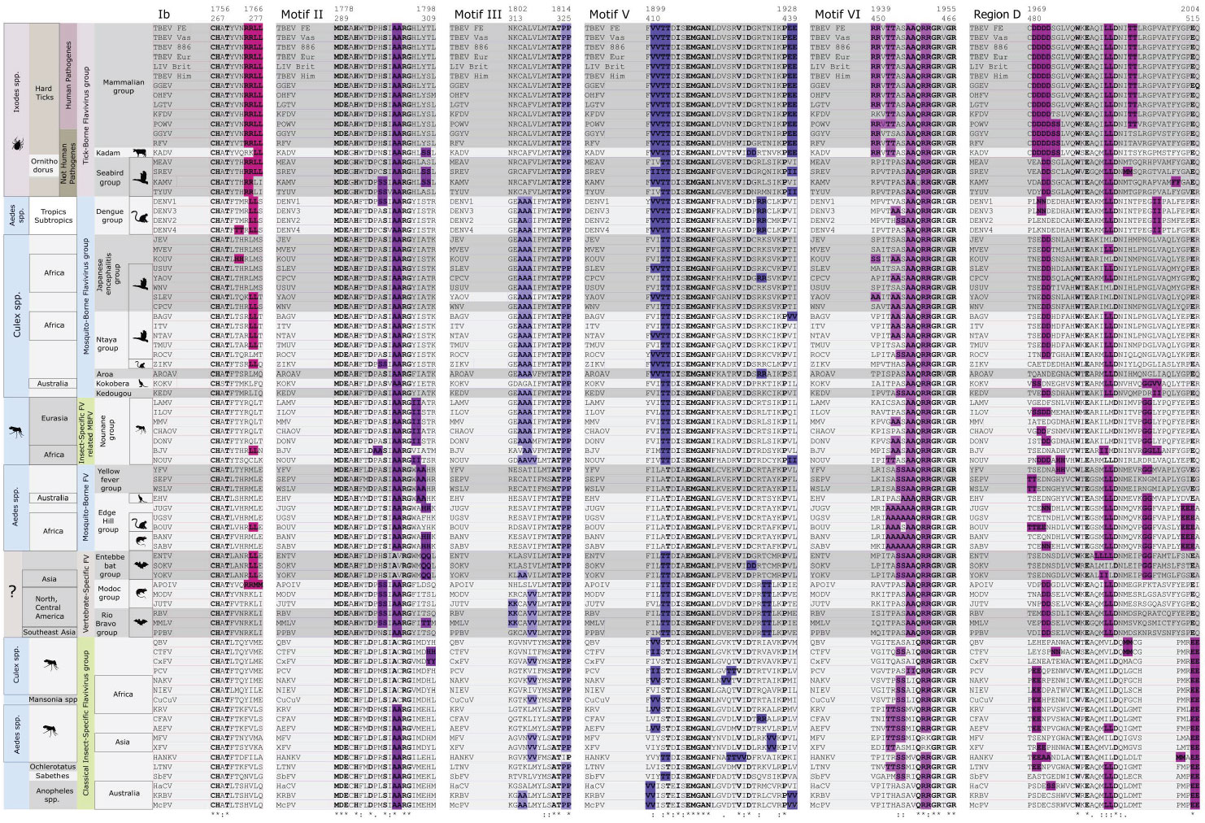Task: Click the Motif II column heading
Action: (x=302, y=15)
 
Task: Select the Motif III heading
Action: (x=478, y=15)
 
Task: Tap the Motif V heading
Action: (x=609, y=15)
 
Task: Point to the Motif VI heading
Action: (x=837, y=15)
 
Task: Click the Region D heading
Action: (x=997, y=15)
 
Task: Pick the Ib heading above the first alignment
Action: (x=164, y=15)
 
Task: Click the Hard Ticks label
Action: (x=44, y=93)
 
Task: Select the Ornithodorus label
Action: (x=44, y=166)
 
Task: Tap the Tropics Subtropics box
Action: (x=54, y=216)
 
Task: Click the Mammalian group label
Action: (x=123, y=86)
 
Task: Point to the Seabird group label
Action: (x=110, y=177)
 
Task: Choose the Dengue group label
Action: (x=110, y=216)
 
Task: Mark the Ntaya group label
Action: (x=107, y=344)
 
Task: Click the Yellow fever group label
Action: (x=109, y=479)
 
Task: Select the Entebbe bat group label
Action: (x=110, y=565)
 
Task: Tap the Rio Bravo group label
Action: (x=107, y=624)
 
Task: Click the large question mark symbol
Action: (x=12, y=592)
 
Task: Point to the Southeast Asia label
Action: (x=49, y=632)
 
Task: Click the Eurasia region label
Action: (x=54, y=418)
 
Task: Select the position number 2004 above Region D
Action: (x=1190, y=9)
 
